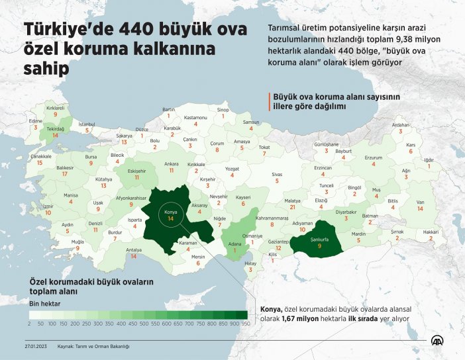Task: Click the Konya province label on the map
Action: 170,212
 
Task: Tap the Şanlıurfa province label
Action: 319,240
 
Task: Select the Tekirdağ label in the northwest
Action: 55,130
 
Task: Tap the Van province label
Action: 419,202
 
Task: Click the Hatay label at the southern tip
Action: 250,263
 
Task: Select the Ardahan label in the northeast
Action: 401,124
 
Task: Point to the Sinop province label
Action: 223,110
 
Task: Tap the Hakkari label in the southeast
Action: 431,232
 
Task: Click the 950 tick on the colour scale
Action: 245,324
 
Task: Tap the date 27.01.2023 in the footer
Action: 31,345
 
